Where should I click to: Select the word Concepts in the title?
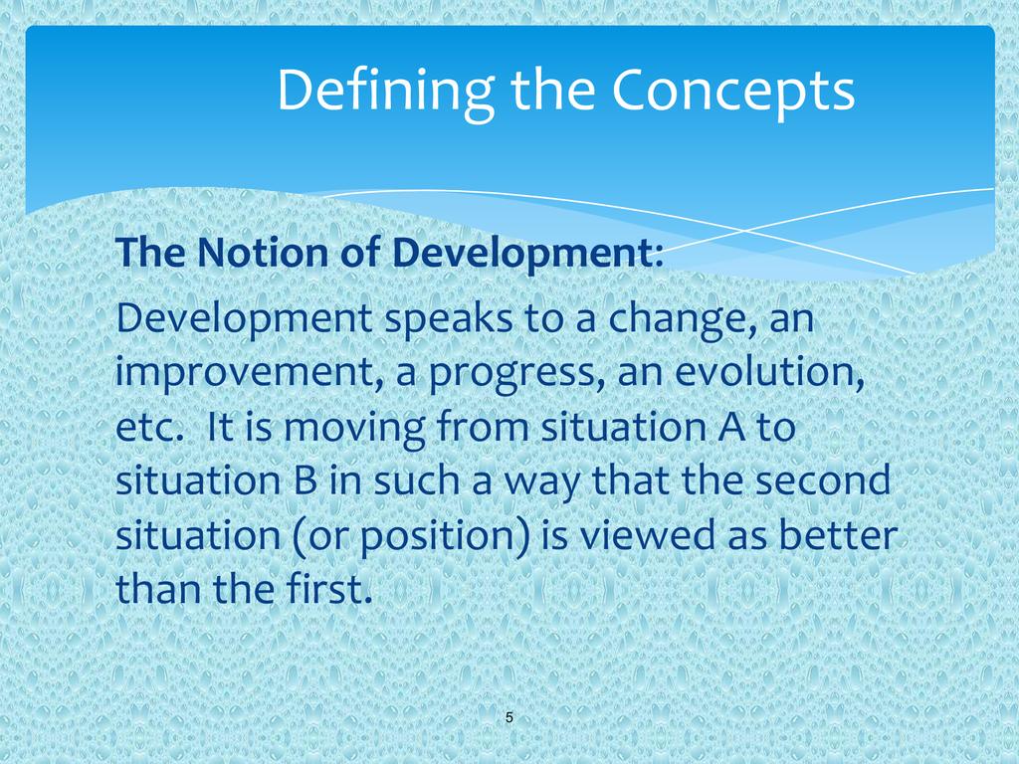pyautogui.click(x=732, y=91)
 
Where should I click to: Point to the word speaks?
pyautogui.click(x=449, y=319)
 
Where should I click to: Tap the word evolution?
pyautogui.click(x=770, y=373)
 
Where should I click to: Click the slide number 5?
pyautogui.click(x=509, y=718)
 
